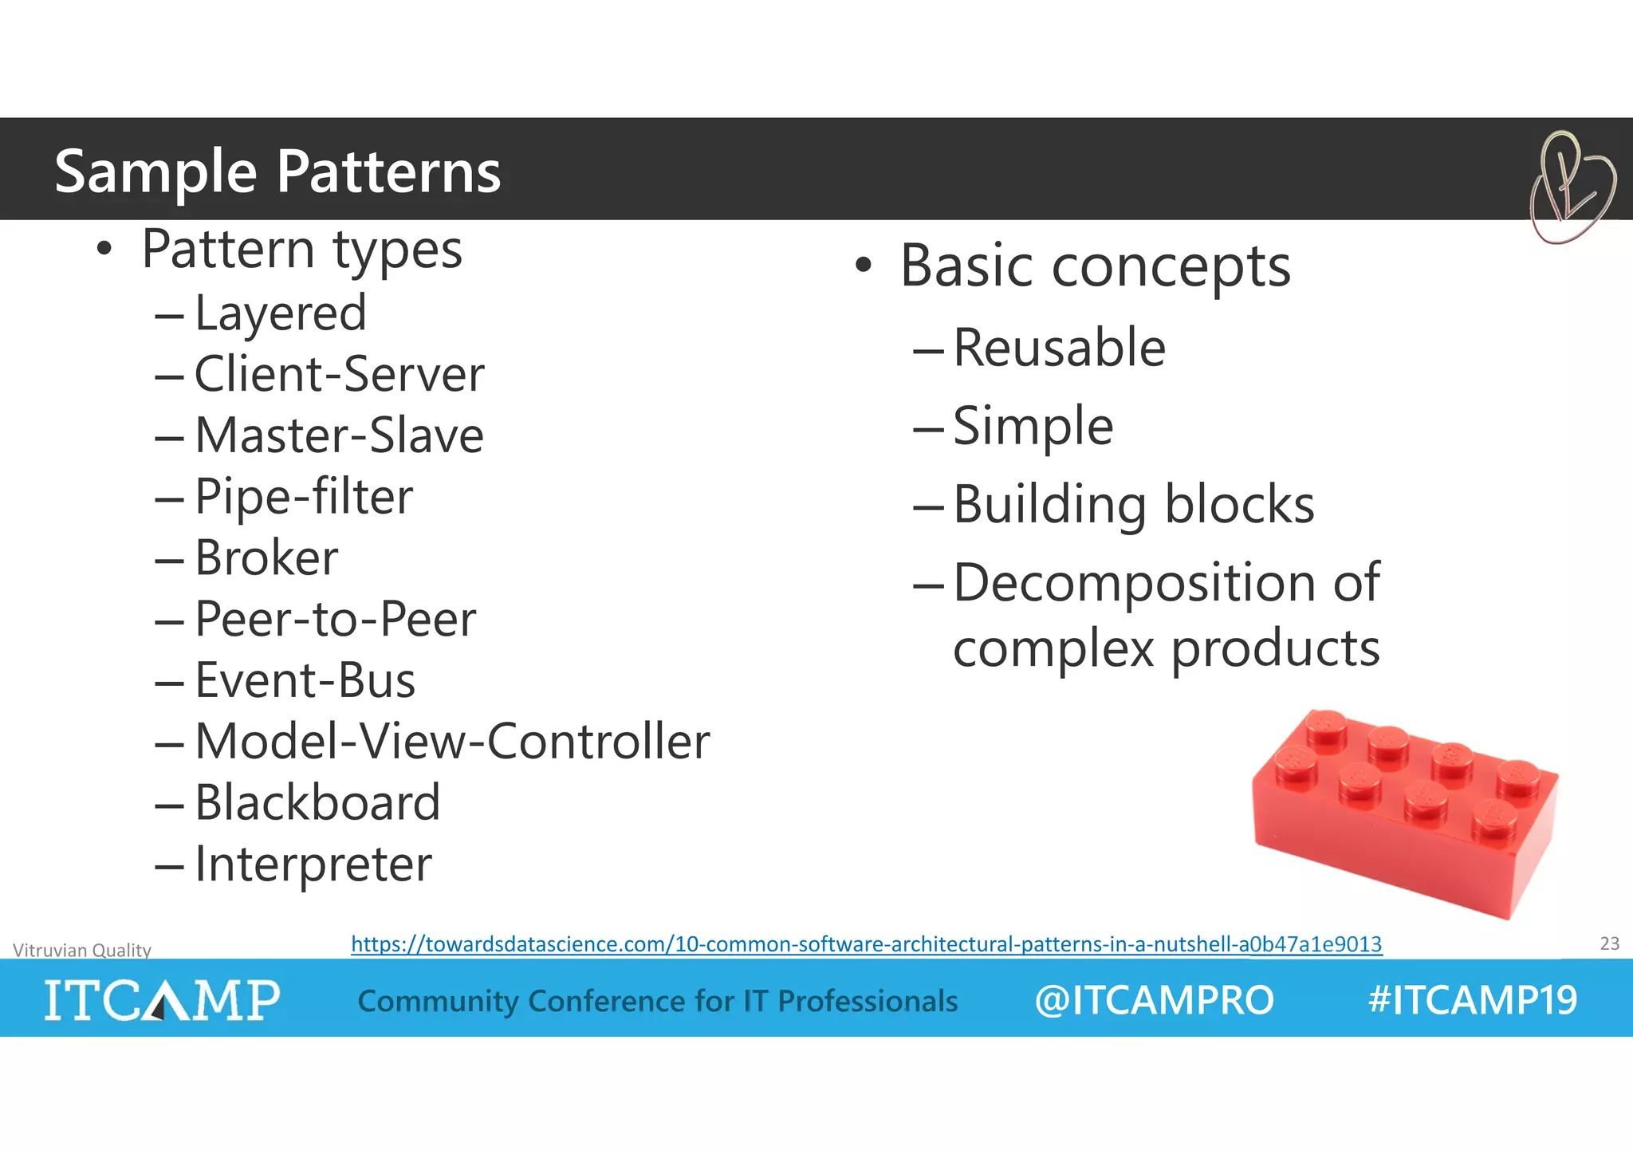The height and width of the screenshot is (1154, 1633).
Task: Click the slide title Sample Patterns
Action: point(277,171)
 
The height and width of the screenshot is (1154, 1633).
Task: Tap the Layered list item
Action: point(280,313)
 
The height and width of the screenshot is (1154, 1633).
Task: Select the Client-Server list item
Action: point(339,374)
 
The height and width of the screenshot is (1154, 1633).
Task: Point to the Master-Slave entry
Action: point(339,435)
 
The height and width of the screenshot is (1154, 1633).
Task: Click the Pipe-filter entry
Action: point(303,497)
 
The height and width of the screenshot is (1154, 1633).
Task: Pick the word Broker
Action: point(266,557)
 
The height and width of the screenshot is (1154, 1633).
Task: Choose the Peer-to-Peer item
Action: point(335,619)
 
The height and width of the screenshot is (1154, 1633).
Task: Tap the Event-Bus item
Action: point(305,680)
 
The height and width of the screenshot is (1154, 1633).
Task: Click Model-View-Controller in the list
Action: point(451,742)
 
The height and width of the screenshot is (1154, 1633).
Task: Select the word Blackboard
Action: point(317,802)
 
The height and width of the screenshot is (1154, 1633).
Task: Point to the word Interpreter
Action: point(313,864)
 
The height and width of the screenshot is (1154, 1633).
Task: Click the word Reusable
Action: point(1059,348)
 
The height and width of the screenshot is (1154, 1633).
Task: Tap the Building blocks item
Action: point(1133,505)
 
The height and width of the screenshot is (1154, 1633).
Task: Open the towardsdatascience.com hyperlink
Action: point(866,944)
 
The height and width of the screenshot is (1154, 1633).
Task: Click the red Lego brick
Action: point(1403,813)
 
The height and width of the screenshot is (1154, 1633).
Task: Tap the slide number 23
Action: point(1609,943)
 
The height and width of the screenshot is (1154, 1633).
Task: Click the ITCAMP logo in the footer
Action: point(162,999)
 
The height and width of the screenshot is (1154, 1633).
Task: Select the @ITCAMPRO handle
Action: point(1154,1000)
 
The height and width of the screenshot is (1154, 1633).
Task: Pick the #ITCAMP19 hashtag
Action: point(1472,1000)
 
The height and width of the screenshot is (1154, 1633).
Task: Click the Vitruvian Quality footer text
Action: point(82,950)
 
